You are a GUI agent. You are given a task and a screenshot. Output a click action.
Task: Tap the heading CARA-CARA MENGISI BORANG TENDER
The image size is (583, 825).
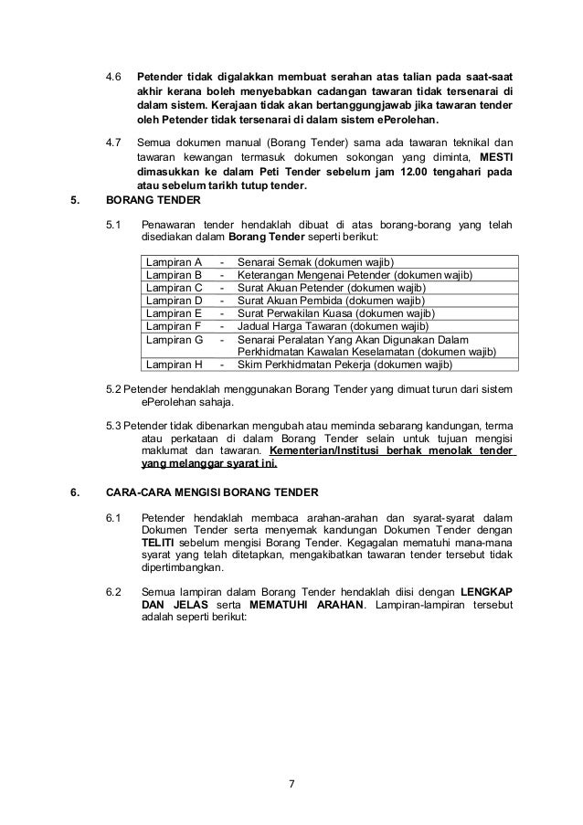coord(212,493)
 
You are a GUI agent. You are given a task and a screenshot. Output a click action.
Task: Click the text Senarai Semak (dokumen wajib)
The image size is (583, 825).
coord(315,264)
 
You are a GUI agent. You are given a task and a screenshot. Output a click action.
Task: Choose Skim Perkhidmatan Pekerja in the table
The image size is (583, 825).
coord(307,365)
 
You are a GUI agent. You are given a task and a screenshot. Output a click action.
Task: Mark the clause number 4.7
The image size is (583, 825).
coord(114,143)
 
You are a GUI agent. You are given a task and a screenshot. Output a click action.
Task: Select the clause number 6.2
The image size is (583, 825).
coord(114,591)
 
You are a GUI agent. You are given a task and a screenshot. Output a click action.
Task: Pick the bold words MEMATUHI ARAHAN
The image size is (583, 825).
coord(311,605)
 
